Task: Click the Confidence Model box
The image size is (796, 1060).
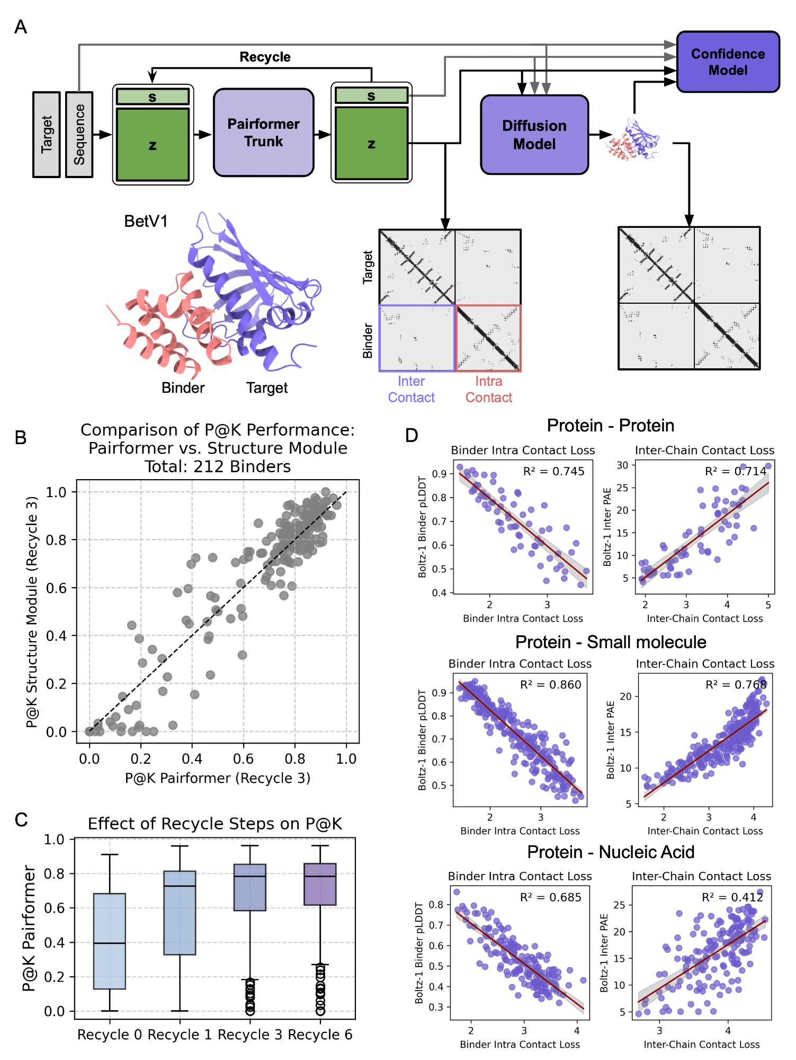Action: [728, 62]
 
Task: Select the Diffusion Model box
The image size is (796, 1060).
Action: [534, 135]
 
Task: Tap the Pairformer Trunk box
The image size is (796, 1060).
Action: [263, 132]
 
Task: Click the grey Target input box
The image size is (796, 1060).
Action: [47, 135]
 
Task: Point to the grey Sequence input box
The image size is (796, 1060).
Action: [79, 135]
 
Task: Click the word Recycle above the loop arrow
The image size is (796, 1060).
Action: [265, 57]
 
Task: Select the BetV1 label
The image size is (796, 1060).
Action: [146, 221]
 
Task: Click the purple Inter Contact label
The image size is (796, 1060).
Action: [411, 390]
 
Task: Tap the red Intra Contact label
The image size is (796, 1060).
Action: [488, 390]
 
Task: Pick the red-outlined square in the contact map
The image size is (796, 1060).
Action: [488, 338]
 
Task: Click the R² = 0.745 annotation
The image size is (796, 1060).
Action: [553, 472]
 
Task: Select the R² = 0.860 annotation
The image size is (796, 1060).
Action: [550, 685]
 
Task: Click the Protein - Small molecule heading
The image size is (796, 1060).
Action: [611, 642]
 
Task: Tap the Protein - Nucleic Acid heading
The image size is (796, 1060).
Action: [611, 852]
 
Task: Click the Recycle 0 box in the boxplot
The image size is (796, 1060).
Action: [110, 941]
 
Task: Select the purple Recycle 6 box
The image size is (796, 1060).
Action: [320, 884]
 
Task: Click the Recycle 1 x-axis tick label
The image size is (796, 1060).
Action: [180, 1035]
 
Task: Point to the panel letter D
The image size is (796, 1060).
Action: [412, 436]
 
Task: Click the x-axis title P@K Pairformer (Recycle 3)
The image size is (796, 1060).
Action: [218, 778]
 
